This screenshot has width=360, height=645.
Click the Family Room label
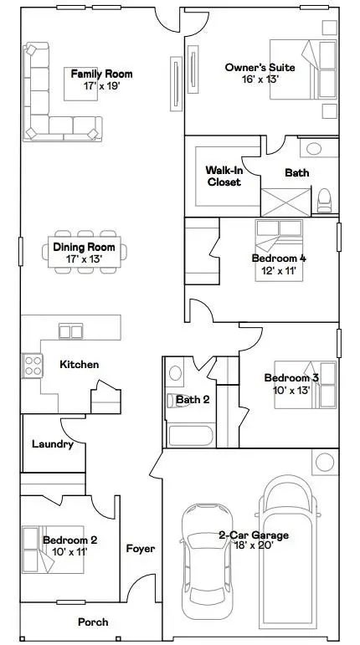(x=101, y=74)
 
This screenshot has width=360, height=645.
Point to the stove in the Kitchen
(x=33, y=365)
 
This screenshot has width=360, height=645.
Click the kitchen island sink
(x=70, y=331)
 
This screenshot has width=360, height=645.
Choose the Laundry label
(x=52, y=444)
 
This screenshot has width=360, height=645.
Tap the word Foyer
(x=140, y=549)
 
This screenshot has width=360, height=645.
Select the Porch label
(x=92, y=622)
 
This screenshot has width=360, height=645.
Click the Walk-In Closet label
(x=223, y=176)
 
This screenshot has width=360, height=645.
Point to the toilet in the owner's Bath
(x=324, y=199)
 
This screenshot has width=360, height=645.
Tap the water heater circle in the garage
(x=324, y=462)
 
